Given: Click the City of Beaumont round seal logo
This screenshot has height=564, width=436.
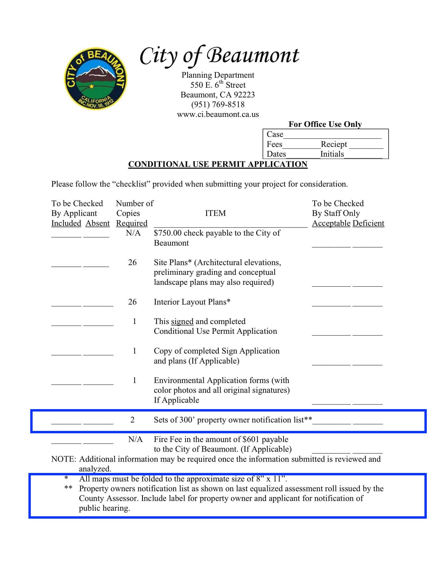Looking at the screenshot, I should click(95, 78).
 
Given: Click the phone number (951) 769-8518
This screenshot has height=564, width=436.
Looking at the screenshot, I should click(218, 105).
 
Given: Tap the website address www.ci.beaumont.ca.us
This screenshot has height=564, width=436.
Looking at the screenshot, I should click(218, 114).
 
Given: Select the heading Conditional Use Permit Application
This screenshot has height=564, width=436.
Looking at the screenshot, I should click(218, 164).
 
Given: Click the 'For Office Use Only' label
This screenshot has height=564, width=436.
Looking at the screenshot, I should click(325, 124).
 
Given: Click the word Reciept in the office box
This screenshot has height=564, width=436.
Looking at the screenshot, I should click(334, 144).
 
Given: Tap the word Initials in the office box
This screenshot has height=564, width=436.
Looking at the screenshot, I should click(332, 154).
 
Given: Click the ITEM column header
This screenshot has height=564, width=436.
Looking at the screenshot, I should click(215, 213).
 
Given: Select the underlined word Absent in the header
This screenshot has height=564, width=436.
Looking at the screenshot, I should click(97, 223).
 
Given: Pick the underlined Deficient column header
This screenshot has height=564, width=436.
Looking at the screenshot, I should click(368, 223).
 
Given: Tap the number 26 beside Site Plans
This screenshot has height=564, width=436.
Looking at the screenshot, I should click(132, 262).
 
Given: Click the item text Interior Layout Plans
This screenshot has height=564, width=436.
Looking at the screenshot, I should click(192, 302).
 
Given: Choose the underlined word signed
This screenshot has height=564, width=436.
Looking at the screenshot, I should click(182, 321).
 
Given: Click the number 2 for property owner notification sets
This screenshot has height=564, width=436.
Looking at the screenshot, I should click(132, 420).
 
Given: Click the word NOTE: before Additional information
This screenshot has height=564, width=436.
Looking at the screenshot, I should click(64, 459).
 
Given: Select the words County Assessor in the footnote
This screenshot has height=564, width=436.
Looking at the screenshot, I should click(109, 498).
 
